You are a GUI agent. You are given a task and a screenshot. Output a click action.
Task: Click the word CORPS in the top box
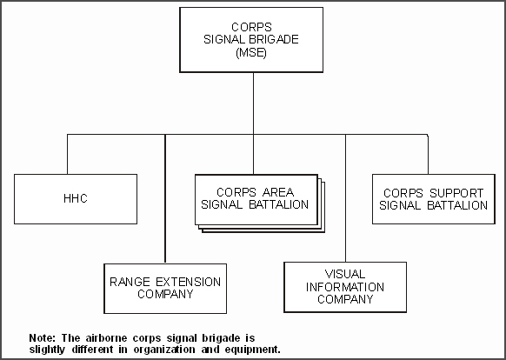click(x=252, y=27)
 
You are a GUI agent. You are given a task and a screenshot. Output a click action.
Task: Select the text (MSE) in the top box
click(x=251, y=52)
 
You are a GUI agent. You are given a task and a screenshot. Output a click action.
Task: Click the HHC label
click(x=76, y=198)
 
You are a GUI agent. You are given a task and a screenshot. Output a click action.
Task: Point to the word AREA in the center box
click(x=278, y=192)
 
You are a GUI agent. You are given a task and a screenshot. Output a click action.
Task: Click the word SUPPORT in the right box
click(x=456, y=193)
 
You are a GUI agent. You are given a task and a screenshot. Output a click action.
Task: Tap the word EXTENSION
click(x=189, y=283)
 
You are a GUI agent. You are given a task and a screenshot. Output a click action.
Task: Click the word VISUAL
click(x=345, y=275)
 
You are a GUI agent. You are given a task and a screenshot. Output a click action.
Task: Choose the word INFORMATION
click(x=345, y=287)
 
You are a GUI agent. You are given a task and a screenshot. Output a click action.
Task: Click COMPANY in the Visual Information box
click(x=345, y=299)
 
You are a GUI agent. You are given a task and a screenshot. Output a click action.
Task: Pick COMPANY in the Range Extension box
click(x=165, y=294)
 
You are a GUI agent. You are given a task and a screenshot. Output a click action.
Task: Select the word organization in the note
click(x=164, y=350)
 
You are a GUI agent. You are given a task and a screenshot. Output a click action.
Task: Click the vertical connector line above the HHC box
click(x=68, y=154)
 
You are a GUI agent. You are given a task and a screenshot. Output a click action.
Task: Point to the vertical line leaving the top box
click(x=253, y=103)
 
